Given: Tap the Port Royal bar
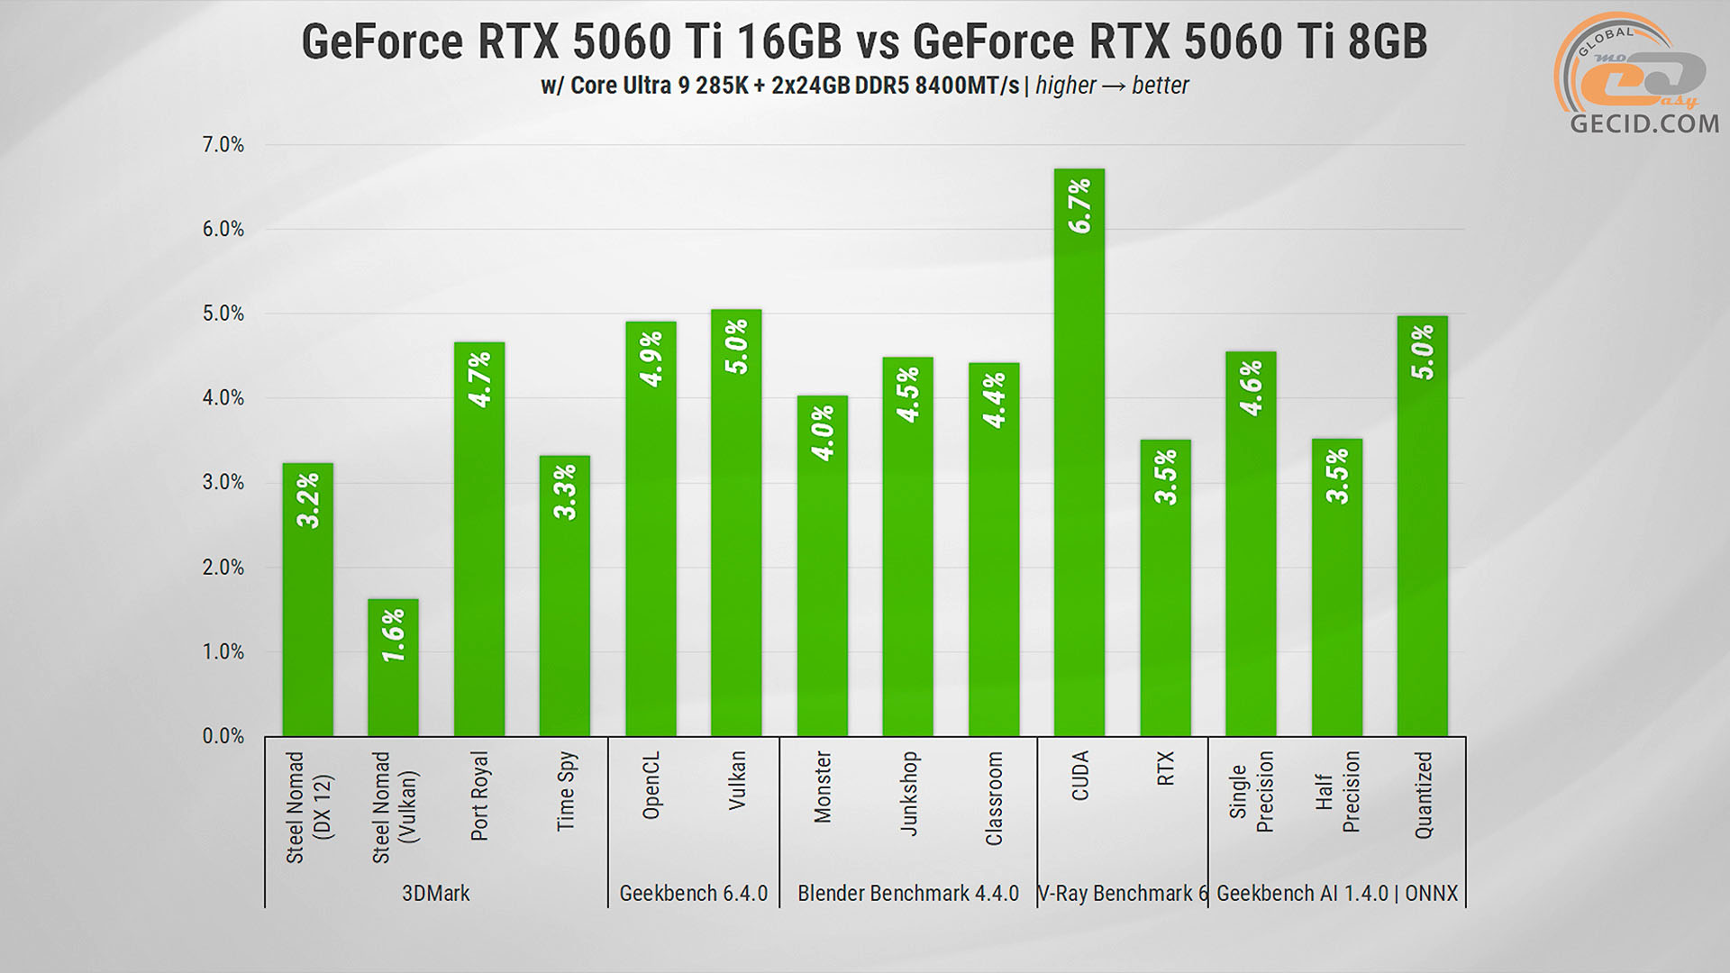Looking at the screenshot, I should click(479, 541).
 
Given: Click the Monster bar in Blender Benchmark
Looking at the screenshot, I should click(823, 568).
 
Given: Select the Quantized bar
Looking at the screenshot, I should click(1423, 527).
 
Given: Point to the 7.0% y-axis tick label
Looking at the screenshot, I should click(223, 145).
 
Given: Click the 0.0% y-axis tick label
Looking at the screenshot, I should click(223, 736).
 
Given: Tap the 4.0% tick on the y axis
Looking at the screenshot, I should click(223, 398).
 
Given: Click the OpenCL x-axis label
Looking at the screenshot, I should click(651, 786).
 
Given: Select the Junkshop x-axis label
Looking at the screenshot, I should click(908, 793).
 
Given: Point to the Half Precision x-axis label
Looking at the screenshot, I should click(1337, 792).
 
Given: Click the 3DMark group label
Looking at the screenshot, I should click(436, 894).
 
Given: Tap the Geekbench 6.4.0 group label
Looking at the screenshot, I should click(694, 894).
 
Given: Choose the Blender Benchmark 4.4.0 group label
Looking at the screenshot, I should click(908, 894).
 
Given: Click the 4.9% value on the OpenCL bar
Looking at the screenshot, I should click(651, 359).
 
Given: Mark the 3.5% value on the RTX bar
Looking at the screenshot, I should click(1166, 477).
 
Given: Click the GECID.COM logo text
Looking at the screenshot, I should click(1643, 123).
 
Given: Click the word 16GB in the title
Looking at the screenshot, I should click(788, 41).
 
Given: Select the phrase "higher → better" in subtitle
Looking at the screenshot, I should click(1112, 86).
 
